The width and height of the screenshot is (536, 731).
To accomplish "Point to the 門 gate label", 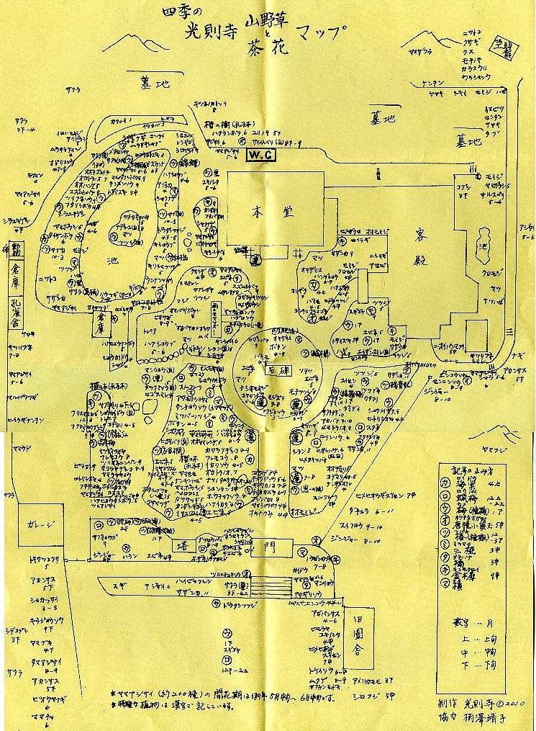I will point(269,547).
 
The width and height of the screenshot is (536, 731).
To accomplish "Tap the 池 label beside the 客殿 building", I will point(482,248).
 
